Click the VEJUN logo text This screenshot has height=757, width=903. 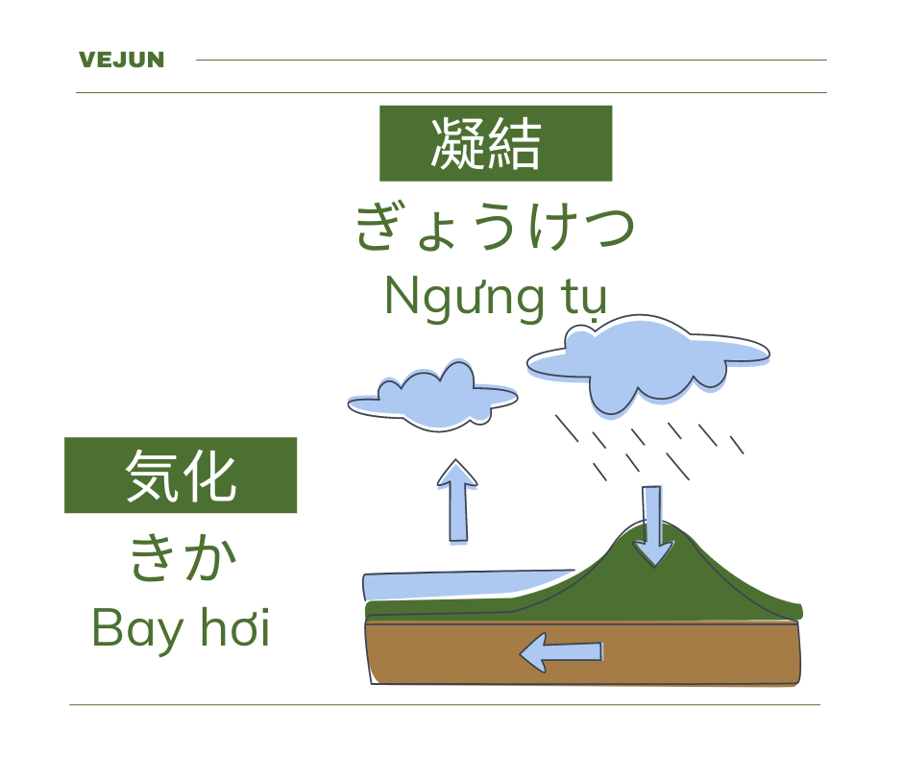[x=121, y=60]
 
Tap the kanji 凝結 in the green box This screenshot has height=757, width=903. [x=486, y=144]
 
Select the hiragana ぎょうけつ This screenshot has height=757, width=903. [x=496, y=226]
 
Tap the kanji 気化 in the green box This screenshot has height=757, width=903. [x=181, y=476]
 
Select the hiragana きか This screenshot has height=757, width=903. [x=183, y=557]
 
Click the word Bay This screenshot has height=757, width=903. [x=138, y=629]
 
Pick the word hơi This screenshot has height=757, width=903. [x=235, y=626]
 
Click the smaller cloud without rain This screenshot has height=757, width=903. [x=433, y=397]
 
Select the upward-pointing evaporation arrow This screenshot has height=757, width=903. [x=458, y=501]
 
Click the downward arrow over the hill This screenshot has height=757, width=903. [x=652, y=526]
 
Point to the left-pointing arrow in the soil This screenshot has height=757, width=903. [x=561, y=652]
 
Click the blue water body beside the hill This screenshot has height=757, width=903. [x=461, y=585]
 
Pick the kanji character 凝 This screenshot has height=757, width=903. [x=458, y=144]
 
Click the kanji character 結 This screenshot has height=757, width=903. [x=514, y=144]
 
